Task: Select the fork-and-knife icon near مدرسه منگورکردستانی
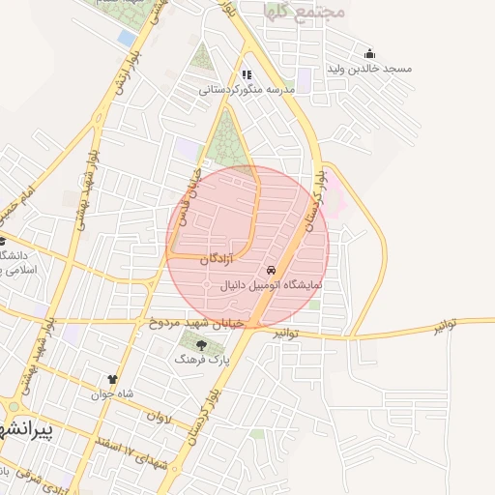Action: (247, 74)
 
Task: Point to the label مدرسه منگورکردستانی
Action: (246, 90)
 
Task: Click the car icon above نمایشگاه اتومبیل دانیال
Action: (271, 270)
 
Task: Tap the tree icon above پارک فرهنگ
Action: (201, 344)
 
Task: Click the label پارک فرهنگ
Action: (199, 359)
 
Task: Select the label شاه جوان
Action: (110, 394)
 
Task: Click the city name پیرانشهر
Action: (39, 432)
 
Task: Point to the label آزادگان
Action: (217, 260)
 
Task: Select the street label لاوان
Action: (158, 416)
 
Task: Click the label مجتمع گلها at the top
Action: (288, 12)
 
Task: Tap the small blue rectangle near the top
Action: (127, 38)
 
